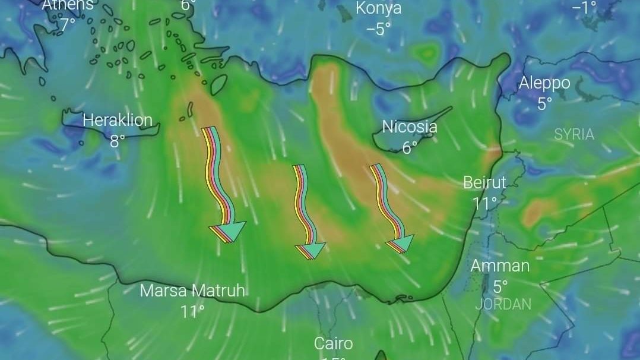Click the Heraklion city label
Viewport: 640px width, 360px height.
click(117, 121)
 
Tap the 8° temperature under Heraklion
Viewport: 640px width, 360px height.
click(118, 141)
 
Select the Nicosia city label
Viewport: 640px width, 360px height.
click(410, 127)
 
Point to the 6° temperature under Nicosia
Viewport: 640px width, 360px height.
click(410, 148)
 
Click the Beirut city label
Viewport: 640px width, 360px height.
click(484, 182)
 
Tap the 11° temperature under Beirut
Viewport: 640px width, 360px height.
click(484, 203)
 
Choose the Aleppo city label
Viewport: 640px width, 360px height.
click(544, 83)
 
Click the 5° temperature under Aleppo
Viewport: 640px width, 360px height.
click(544, 104)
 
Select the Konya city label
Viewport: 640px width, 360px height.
click(378, 8)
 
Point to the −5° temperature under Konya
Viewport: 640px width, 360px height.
click(378, 29)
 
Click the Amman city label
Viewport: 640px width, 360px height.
click(500, 266)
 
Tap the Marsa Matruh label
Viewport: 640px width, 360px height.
click(192, 290)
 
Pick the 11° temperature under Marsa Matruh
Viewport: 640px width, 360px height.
click(192, 311)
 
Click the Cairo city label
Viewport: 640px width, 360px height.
click(333, 343)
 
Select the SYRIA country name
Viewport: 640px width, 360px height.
click(574, 135)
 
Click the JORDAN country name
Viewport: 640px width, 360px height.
click(503, 304)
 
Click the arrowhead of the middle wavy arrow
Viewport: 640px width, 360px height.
click(312, 250)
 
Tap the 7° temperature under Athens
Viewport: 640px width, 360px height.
click(67, 25)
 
